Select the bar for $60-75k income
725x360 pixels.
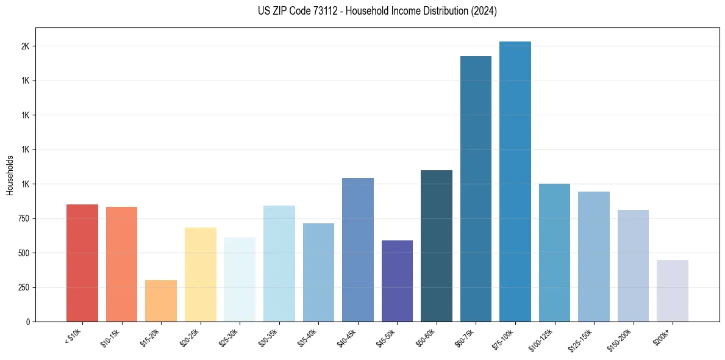point(476,189)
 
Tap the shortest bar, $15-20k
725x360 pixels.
point(161,301)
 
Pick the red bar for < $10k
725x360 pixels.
point(82,263)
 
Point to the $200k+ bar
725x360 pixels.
point(672,291)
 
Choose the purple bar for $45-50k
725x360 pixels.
point(397,281)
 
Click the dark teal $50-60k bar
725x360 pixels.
point(437,246)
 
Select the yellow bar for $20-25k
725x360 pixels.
point(200,275)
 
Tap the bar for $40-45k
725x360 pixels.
point(358,250)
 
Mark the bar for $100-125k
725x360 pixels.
point(554,253)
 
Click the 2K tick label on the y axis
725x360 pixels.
point(26,46)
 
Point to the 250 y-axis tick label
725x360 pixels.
point(23,287)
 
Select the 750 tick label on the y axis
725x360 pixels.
point(23,218)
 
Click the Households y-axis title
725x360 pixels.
point(10,175)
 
